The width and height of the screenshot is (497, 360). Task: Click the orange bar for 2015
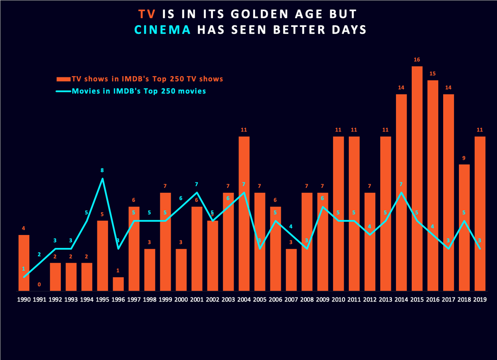click(x=417, y=178)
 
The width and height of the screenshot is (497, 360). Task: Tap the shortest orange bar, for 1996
click(x=118, y=284)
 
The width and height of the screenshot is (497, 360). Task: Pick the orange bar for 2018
click(x=464, y=228)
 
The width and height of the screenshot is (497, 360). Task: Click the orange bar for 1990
click(x=24, y=263)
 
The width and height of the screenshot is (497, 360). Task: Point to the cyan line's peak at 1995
click(x=103, y=179)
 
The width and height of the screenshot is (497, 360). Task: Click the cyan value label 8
click(x=103, y=170)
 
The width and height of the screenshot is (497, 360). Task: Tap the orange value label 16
click(x=417, y=60)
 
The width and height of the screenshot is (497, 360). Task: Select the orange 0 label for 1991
click(x=39, y=284)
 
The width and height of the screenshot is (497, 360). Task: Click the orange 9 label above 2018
click(x=464, y=158)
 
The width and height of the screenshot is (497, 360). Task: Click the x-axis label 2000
click(x=181, y=299)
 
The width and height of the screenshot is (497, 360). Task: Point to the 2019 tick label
click(x=480, y=299)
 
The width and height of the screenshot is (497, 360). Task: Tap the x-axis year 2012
click(x=370, y=299)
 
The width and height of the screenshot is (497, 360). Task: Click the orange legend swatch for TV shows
click(x=63, y=79)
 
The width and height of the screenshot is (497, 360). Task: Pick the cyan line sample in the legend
click(x=63, y=91)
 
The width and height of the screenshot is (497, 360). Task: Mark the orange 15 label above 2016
click(x=433, y=74)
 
